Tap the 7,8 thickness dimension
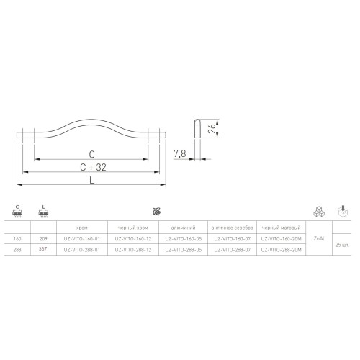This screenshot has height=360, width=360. pos(181,153)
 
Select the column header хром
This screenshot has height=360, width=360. pos(81,225)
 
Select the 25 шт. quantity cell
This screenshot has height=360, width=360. pos(343,246)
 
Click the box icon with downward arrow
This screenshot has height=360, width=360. pos(343,211)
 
